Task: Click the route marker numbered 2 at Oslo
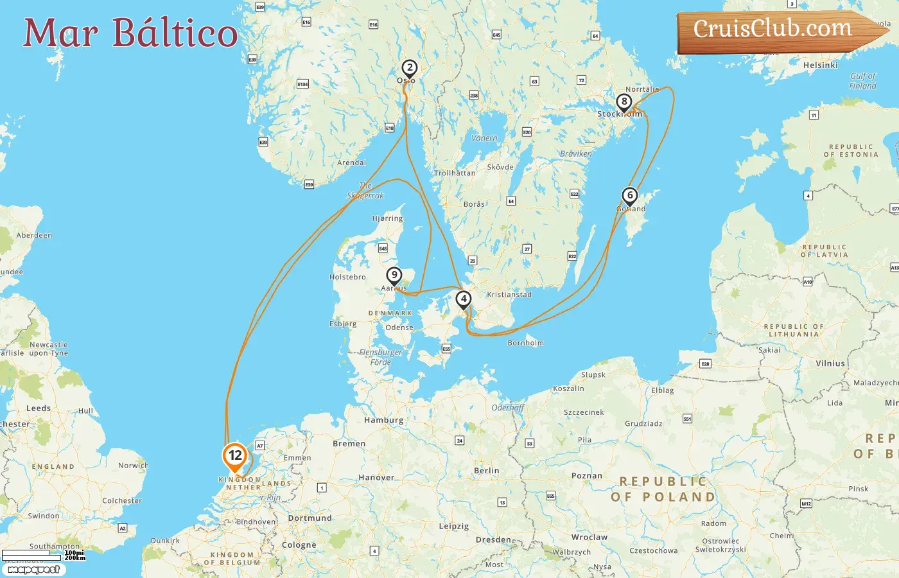click(409, 67)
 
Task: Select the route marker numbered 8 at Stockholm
click(624, 101)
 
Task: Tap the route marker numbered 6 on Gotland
click(630, 195)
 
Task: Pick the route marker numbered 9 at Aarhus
click(394, 275)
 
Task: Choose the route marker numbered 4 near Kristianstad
click(463, 299)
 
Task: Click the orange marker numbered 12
click(235, 456)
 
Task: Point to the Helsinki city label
click(820, 65)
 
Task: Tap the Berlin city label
click(486, 471)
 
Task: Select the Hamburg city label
click(383, 420)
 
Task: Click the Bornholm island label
click(525, 343)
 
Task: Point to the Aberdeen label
click(34, 235)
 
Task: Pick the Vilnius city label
click(830, 363)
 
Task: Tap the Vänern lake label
click(484, 138)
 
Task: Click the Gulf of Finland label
click(862, 80)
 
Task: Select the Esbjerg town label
click(343, 324)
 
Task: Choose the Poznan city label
click(587, 476)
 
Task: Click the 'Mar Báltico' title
click(130, 33)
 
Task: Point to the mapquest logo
click(34, 570)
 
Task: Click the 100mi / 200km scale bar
click(43, 555)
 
